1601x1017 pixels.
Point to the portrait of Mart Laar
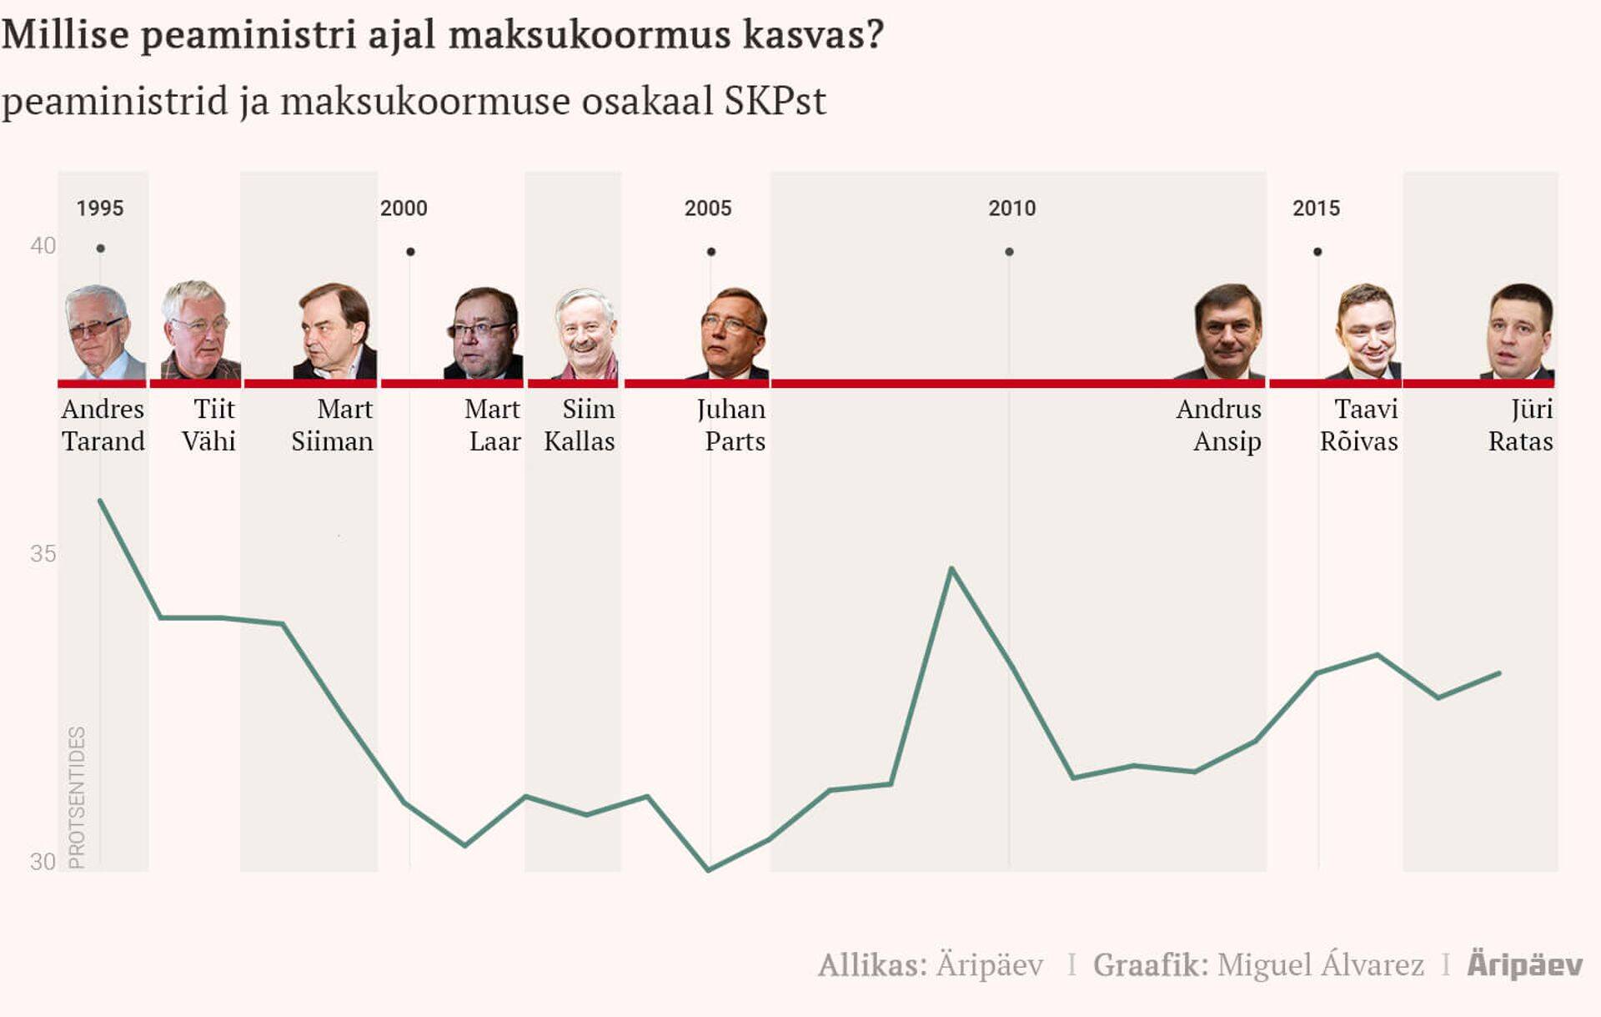click(484, 334)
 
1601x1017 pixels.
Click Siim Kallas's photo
click(586, 334)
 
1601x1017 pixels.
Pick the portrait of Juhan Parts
click(731, 334)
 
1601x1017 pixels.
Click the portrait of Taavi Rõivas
click(1366, 332)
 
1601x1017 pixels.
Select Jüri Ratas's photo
click(1519, 332)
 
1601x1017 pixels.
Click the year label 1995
click(100, 209)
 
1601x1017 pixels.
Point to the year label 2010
click(1011, 209)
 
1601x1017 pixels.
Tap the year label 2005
click(708, 209)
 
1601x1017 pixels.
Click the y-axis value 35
click(43, 554)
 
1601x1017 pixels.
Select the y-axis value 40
click(43, 246)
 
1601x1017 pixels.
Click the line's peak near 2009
click(951, 569)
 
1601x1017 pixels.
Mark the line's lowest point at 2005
click(709, 869)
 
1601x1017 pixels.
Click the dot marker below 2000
click(410, 252)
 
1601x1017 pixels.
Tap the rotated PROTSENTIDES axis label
click(77, 797)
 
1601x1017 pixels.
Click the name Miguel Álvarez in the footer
click(1320, 965)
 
